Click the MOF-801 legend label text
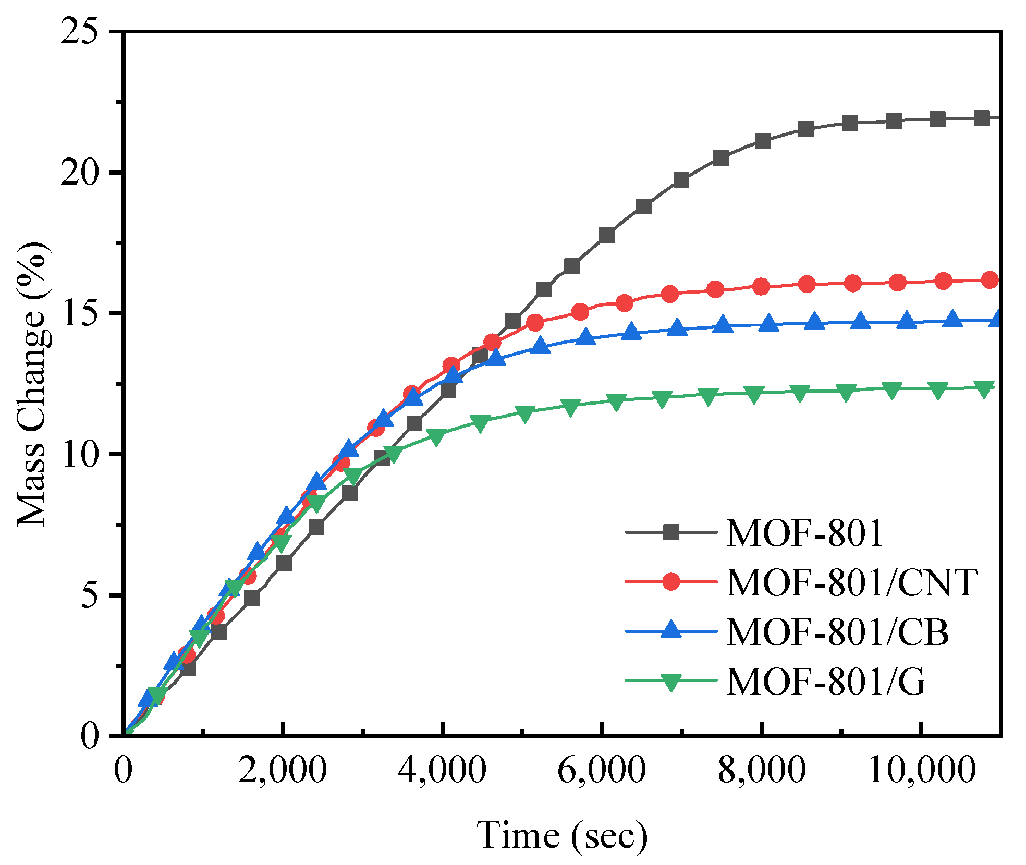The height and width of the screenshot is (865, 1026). point(804,533)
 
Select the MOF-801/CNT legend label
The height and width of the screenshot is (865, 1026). point(851,582)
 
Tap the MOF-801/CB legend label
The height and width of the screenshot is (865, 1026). point(837,631)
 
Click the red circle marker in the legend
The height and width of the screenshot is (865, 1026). point(671,581)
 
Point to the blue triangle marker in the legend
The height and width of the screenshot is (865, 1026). point(671,629)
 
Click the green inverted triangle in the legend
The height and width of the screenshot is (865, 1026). point(671,681)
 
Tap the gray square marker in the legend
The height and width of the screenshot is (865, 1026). point(671,532)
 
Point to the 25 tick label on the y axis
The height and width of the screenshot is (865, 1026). point(79,31)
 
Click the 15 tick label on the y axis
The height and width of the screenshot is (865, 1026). point(79,313)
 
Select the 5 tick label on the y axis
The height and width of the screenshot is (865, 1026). point(90,595)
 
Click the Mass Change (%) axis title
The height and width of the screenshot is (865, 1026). point(33,384)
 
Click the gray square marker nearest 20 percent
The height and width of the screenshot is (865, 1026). point(681,180)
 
